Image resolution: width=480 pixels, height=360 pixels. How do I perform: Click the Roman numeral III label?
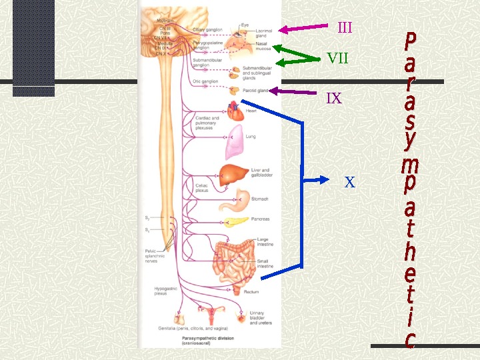click(345, 28)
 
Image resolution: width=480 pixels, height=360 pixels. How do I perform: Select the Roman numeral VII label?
click(337, 58)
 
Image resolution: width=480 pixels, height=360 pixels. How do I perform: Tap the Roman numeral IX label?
click(334, 99)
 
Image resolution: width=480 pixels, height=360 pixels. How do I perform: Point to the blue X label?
click(350, 182)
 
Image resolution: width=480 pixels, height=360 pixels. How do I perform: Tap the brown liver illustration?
click(234, 175)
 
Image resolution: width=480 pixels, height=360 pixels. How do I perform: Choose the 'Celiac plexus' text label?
click(202, 187)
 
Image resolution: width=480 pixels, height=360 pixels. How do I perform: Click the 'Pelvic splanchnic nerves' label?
click(155, 256)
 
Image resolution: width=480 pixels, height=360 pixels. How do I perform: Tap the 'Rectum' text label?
click(251, 291)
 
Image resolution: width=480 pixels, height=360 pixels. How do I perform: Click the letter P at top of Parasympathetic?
click(411, 41)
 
